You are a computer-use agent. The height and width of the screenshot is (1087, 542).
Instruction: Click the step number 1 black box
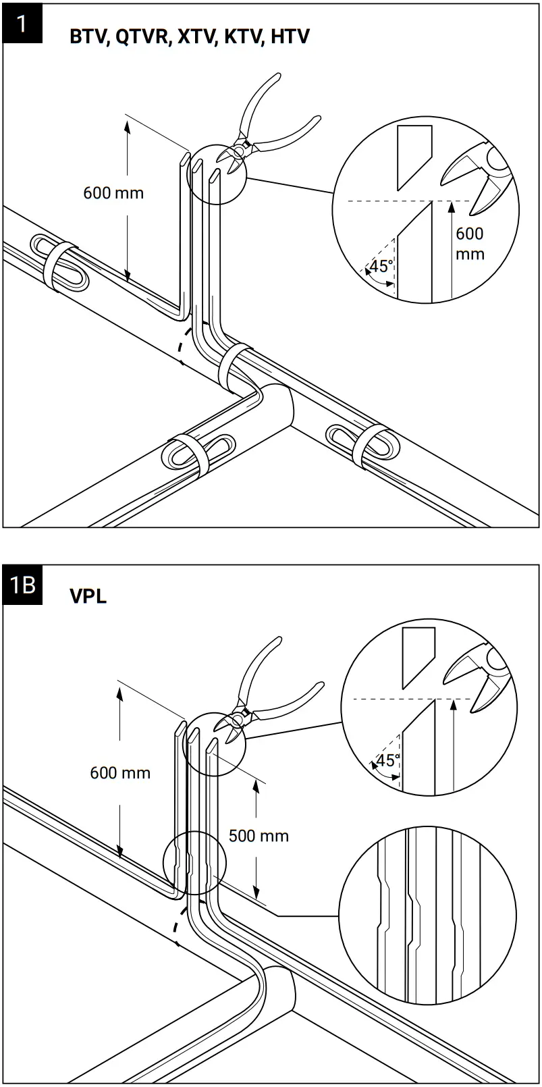pos(22,25)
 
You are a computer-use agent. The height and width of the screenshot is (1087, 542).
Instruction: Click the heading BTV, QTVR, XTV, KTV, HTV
pos(189,37)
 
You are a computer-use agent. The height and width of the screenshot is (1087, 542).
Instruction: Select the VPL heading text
pos(88,596)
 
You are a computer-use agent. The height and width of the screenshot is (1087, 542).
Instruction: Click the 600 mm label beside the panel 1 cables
pos(113,193)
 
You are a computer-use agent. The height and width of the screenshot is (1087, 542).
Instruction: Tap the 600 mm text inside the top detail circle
pos(470,244)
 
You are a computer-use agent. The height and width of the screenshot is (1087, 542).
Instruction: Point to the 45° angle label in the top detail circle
pos(381,266)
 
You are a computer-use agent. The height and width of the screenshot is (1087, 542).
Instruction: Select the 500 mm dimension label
pos(259,836)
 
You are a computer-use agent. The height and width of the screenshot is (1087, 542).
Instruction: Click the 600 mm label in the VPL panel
pos(120,772)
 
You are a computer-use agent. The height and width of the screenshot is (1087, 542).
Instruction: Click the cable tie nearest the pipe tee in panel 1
pos(233,368)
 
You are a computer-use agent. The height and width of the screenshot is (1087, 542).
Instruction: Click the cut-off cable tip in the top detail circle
pos(412,152)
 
